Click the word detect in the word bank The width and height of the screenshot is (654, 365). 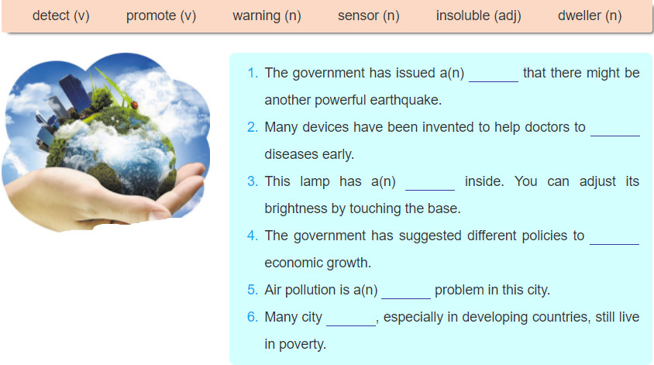click(x=51, y=15)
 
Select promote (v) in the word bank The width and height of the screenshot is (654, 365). click(x=161, y=15)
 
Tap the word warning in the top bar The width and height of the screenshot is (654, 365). click(x=256, y=15)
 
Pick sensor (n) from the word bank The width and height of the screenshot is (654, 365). click(x=368, y=15)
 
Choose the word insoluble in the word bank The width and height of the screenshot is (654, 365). click(x=463, y=15)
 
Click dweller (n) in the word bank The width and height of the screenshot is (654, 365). click(x=590, y=15)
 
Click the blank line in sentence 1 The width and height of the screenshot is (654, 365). click(x=494, y=81)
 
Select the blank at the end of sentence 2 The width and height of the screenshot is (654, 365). click(x=615, y=136)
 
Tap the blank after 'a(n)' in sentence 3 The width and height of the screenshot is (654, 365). click(x=430, y=190)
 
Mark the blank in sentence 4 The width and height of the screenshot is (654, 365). click(x=614, y=244)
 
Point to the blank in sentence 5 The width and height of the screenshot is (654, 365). click(x=406, y=298)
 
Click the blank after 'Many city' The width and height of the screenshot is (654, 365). click(x=351, y=325)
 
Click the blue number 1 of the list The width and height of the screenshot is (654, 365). click(x=253, y=73)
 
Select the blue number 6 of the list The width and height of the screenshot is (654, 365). click(x=253, y=317)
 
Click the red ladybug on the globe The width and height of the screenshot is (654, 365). click(x=134, y=105)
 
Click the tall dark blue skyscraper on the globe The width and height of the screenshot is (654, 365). click(x=75, y=92)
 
